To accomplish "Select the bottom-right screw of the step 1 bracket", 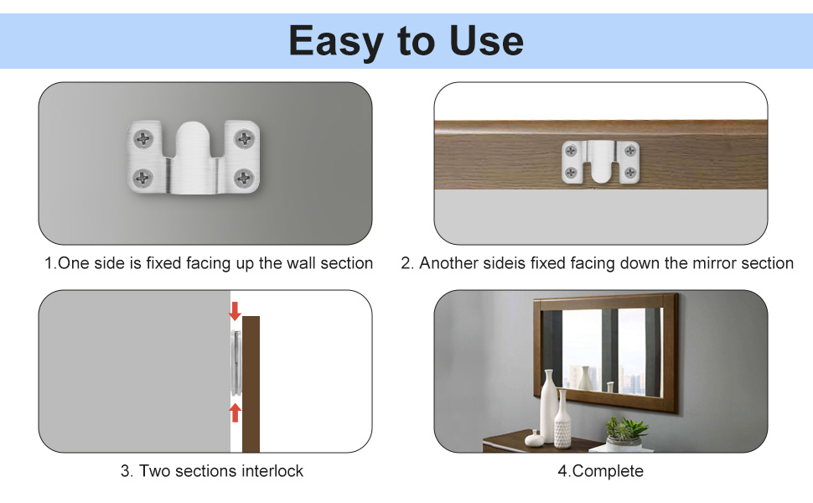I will tap(244, 177).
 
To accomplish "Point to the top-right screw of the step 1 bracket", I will tap(244, 138).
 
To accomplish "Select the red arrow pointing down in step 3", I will tap(235, 311).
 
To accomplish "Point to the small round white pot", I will tap(533, 438).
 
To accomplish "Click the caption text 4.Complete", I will tap(600, 471).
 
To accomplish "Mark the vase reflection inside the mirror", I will tap(583, 376).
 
